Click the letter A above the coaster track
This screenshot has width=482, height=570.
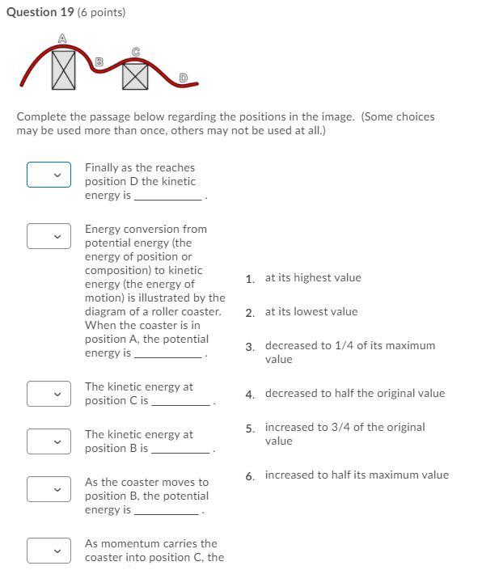pos(62,38)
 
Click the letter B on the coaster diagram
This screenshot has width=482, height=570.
pos(99,61)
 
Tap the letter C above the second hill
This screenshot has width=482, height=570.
pos(136,52)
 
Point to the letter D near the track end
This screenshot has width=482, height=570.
pos(184,78)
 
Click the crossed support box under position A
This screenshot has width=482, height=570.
pos(64,70)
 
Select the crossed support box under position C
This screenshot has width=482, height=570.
pos(135,76)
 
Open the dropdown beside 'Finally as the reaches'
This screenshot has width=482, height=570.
pos(49,175)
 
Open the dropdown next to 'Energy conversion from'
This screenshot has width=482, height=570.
pos(49,236)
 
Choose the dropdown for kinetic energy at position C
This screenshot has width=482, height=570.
pos(49,394)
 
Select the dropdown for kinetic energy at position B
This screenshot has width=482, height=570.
pos(49,441)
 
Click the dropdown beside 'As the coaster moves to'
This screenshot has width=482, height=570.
pos(49,489)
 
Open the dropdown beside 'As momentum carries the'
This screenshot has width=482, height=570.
pos(49,551)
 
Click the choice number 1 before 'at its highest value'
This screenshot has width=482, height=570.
pos(249,279)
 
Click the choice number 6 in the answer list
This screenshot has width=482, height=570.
pos(249,476)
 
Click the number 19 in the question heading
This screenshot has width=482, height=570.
pos(67,12)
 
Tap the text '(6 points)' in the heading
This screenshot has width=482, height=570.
pos(101,12)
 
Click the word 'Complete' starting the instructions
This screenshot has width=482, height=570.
pos(41,117)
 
